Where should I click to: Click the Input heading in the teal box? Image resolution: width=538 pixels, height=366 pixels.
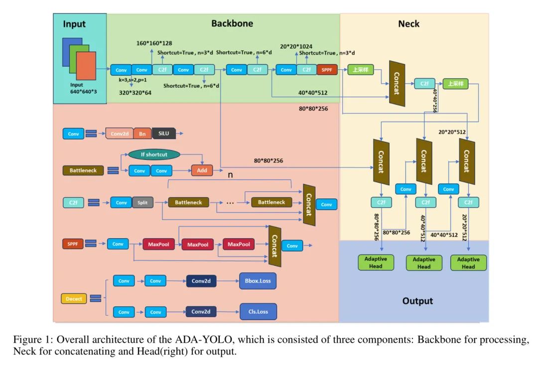pyautogui.click(x=74, y=24)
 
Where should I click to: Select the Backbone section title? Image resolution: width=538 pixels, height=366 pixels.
pyautogui.click(x=232, y=23)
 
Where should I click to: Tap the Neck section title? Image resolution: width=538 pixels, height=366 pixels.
pyautogui.click(x=408, y=23)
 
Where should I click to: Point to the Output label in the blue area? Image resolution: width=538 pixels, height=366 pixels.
pyautogui.click(x=417, y=301)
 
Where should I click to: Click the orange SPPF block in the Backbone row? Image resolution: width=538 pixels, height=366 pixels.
pyautogui.click(x=327, y=70)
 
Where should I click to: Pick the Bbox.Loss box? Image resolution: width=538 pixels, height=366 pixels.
pyautogui.click(x=258, y=281)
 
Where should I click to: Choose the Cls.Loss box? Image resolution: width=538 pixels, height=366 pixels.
pyautogui.click(x=258, y=312)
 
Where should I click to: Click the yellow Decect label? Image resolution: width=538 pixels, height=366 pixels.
pyautogui.click(x=74, y=299)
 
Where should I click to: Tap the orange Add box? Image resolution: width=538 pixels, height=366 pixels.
pyautogui.click(x=202, y=171)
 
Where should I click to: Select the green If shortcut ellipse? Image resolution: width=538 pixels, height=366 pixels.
pyautogui.click(x=154, y=154)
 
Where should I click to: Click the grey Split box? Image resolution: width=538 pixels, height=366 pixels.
pyautogui.click(x=142, y=203)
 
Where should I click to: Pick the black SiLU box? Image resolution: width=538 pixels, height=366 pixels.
pyautogui.click(x=164, y=133)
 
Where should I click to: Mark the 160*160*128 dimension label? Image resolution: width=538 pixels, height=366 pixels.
pyautogui.click(x=154, y=43)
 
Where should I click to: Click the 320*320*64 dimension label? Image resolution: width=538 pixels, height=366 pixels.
pyautogui.click(x=135, y=92)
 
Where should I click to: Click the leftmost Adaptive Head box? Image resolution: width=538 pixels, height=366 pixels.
pyautogui.click(x=376, y=262)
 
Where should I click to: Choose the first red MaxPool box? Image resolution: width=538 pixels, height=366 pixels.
pyautogui.click(x=157, y=244)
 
